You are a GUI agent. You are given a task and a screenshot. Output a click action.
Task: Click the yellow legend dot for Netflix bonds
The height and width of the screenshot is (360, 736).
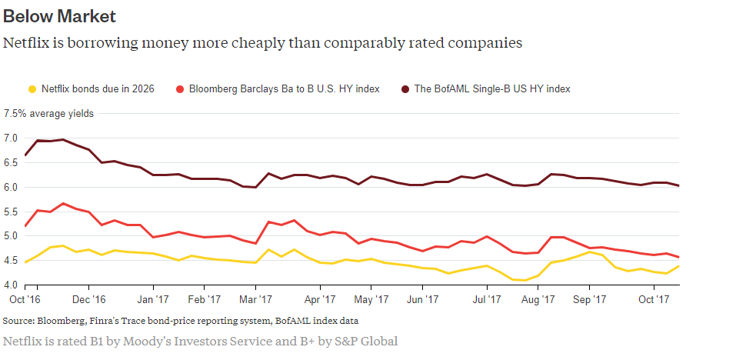[32, 89]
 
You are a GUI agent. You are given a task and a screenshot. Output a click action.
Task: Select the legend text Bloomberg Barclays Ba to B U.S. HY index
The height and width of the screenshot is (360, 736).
[284, 89]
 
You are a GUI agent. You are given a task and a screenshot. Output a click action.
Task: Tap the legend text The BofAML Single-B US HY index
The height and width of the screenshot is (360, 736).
[492, 89]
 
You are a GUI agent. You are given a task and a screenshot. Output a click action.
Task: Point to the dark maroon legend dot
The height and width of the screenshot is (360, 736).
[405, 89]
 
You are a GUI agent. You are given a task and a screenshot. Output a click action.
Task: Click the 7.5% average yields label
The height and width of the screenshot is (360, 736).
[48, 114]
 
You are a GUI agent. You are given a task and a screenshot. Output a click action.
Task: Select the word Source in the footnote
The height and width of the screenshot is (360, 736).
[18, 320]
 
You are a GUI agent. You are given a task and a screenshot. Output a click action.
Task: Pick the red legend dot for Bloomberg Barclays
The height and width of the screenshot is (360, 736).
[179, 89]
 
